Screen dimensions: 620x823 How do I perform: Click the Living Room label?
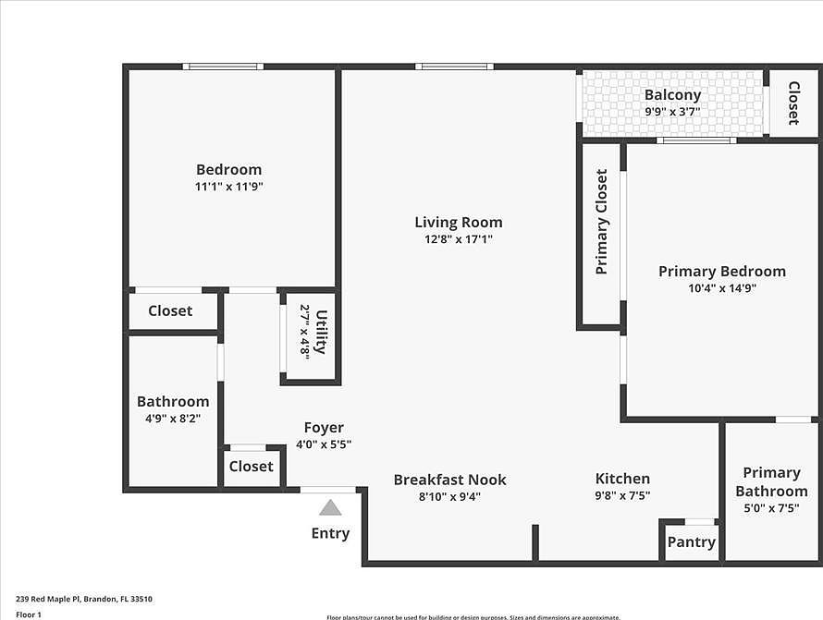tap(458, 222)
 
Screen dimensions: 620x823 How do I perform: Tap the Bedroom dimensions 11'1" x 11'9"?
tap(228, 187)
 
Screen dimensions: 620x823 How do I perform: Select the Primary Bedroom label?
tap(721, 271)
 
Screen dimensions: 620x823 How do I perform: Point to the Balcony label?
tap(672, 94)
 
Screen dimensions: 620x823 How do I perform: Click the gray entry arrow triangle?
tap(330, 507)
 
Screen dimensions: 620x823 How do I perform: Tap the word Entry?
tap(330, 533)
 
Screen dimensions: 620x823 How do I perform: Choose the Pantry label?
tap(691, 541)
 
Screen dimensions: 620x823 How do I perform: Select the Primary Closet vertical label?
tap(602, 222)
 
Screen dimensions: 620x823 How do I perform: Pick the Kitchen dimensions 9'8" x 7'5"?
tap(621, 495)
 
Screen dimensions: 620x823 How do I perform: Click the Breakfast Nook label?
tap(449, 480)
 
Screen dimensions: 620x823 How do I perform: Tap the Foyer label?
tap(324, 428)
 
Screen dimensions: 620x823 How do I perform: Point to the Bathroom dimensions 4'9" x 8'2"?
tap(172, 419)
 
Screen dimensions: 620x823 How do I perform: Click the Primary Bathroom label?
tap(771, 481)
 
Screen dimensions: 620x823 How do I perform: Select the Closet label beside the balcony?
tap(793, 103)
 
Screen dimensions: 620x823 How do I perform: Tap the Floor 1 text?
tap(29, 614)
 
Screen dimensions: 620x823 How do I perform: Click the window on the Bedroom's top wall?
tap(222, 67)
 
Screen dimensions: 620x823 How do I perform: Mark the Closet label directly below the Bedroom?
tap(170, 310)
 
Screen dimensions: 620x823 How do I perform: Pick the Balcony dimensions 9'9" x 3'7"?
tap(672, 112)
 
